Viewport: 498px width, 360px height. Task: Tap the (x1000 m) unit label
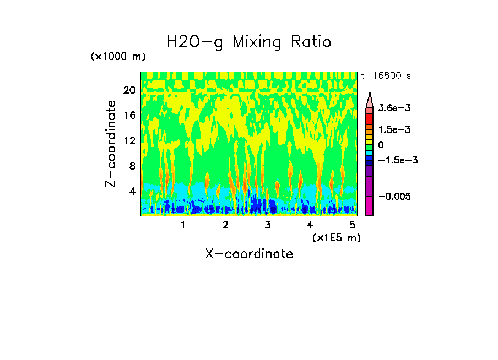(118, 57)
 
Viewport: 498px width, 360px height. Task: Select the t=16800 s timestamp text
(386, 75)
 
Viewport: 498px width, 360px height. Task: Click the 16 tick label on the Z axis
(129, 115)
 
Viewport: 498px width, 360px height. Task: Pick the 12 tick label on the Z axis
(129, 140)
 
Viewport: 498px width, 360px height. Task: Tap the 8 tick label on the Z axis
(132, 166)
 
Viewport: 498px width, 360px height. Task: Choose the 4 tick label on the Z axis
(132, 191)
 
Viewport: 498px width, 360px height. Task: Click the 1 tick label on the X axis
(183, 225)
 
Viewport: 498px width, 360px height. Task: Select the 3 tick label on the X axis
(267, 225)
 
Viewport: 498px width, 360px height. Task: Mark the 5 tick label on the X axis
(352, 225)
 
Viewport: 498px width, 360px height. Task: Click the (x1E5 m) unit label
(336, 238)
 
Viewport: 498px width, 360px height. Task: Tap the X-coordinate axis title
(249, 254)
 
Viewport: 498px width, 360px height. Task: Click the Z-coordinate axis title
(111, 144)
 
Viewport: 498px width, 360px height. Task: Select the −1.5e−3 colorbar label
(398, 160)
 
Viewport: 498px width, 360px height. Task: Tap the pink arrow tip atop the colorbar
(370, 99)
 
